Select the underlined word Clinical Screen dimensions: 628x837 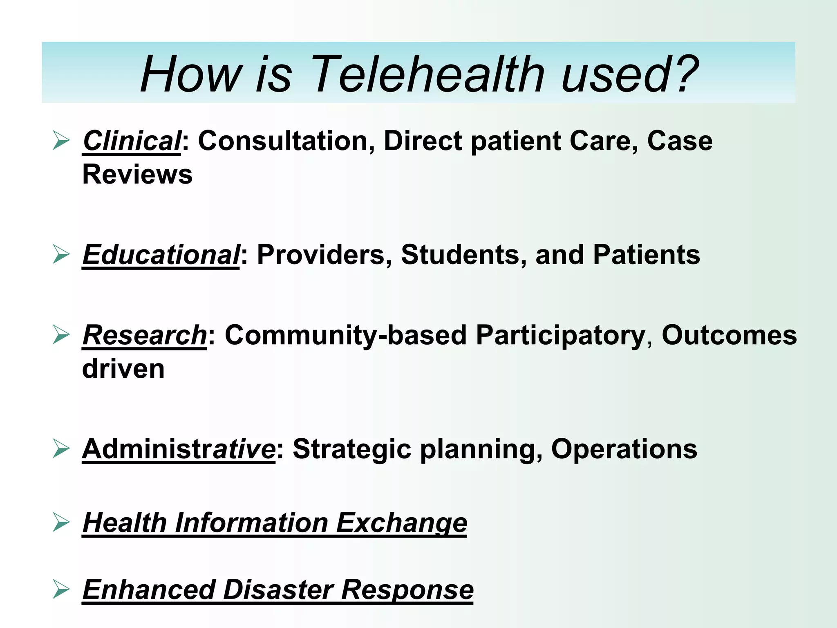131,141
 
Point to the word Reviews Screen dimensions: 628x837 137,175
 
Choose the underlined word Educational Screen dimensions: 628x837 161,255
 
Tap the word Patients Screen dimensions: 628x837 646,255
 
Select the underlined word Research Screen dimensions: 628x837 145,335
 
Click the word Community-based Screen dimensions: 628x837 345,335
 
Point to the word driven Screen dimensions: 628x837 123,369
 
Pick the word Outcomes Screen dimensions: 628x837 729,335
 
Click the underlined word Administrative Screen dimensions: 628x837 179,449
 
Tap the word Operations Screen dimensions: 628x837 624,449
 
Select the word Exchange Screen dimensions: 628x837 401,523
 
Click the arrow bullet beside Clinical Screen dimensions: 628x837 61,141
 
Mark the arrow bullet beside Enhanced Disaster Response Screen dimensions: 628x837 61,590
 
